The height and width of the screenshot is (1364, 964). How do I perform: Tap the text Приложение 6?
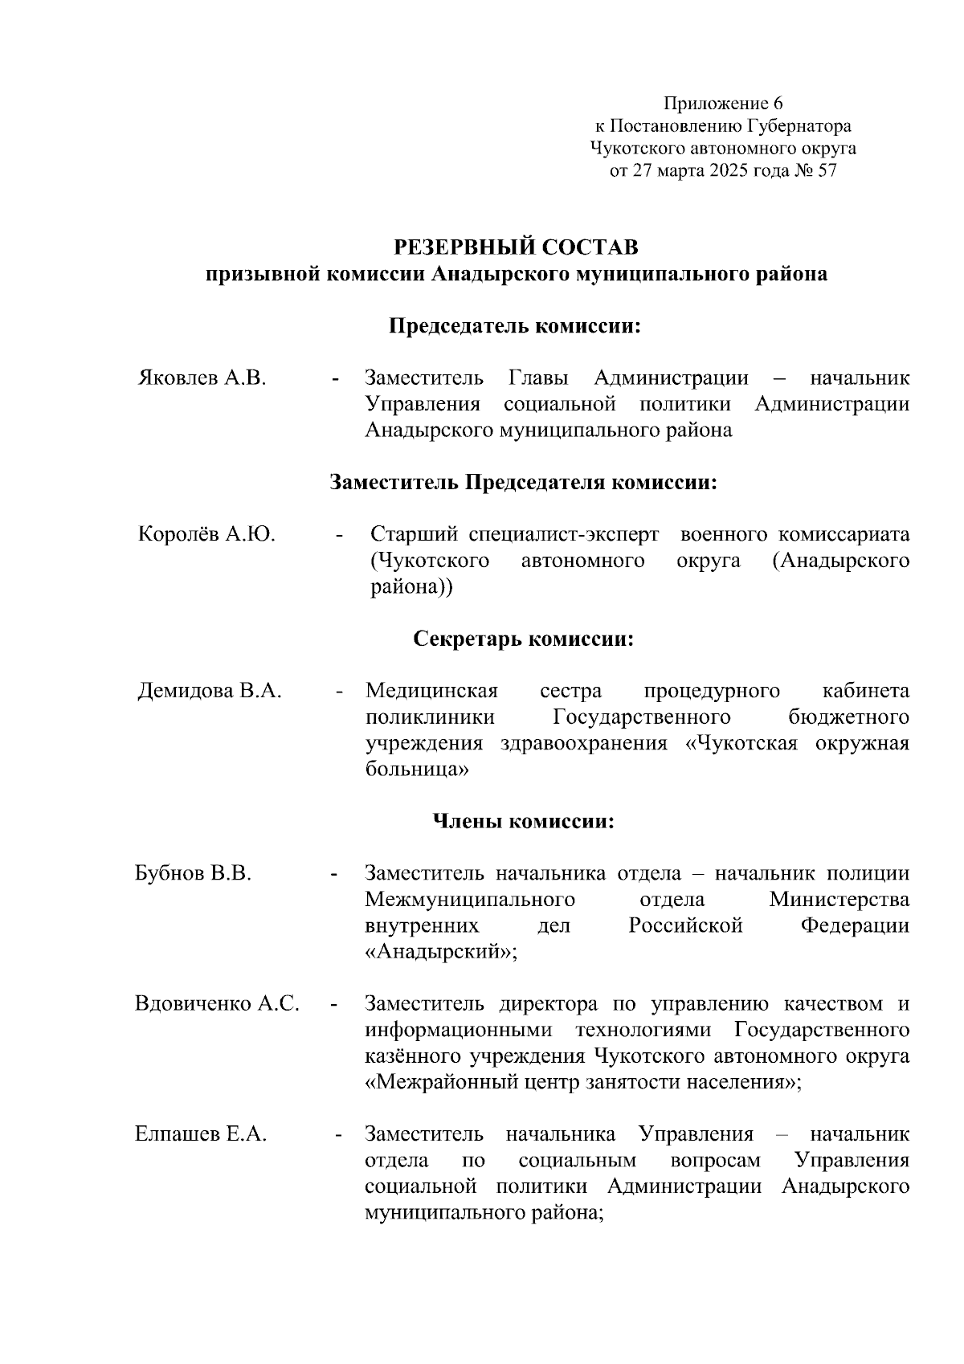click(722, 104)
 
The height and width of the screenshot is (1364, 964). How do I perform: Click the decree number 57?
click(826, 171)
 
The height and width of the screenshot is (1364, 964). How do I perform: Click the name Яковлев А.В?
click(202, 378)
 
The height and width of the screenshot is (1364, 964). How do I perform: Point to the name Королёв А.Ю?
click(206, 534)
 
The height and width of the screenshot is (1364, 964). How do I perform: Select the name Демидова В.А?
click(210, 691)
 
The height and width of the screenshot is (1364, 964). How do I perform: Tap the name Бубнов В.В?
click(193, 873)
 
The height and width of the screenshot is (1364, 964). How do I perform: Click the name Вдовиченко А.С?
click(217, 1003)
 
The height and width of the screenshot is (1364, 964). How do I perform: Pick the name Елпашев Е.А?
click(201, 1134)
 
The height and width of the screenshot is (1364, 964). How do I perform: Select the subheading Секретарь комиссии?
click(524, 639)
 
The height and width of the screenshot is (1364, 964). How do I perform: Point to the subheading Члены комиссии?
click(524, 822)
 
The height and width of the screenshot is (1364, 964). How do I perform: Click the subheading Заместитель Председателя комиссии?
click(523, 482)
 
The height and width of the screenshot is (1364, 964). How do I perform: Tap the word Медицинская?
click(431, 691)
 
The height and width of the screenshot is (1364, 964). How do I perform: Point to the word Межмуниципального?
click(469, 900)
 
